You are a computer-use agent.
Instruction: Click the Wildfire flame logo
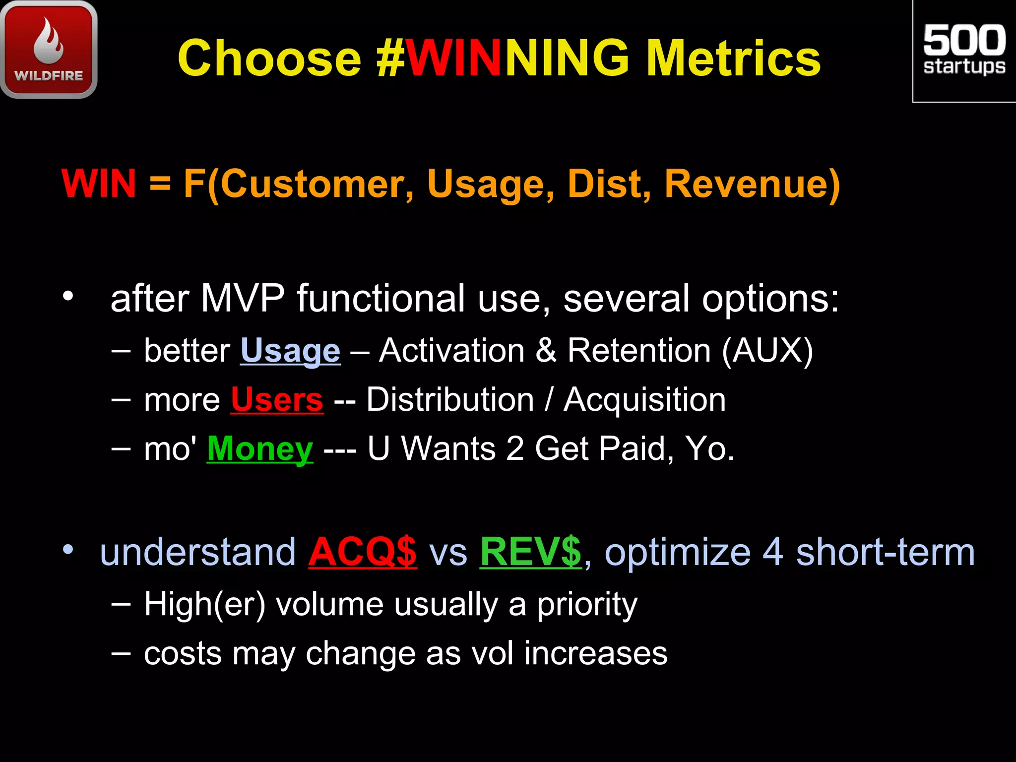(x=49, y=50)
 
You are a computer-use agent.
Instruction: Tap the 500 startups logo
(x=964, y=51)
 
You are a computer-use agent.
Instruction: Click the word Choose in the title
(x=269, y=59)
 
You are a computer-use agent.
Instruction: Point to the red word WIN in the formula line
(x=99, y=184)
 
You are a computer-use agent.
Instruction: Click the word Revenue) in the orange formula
(x=752, y=184)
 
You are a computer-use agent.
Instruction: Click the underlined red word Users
(x=277, y=400)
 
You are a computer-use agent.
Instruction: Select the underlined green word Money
(x=260, y=449)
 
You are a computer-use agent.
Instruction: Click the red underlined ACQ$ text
(x=363, y=552)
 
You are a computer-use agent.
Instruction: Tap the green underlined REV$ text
(x=530, y=552)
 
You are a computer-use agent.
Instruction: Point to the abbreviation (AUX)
(x=767, y=350)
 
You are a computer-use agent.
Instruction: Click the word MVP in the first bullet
(x=243, y=299)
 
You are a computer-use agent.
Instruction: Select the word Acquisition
(x=644, y=400)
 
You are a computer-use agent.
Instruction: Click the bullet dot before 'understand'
(x=68, y=550)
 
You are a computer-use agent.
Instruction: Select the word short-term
(x=885, y=552)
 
